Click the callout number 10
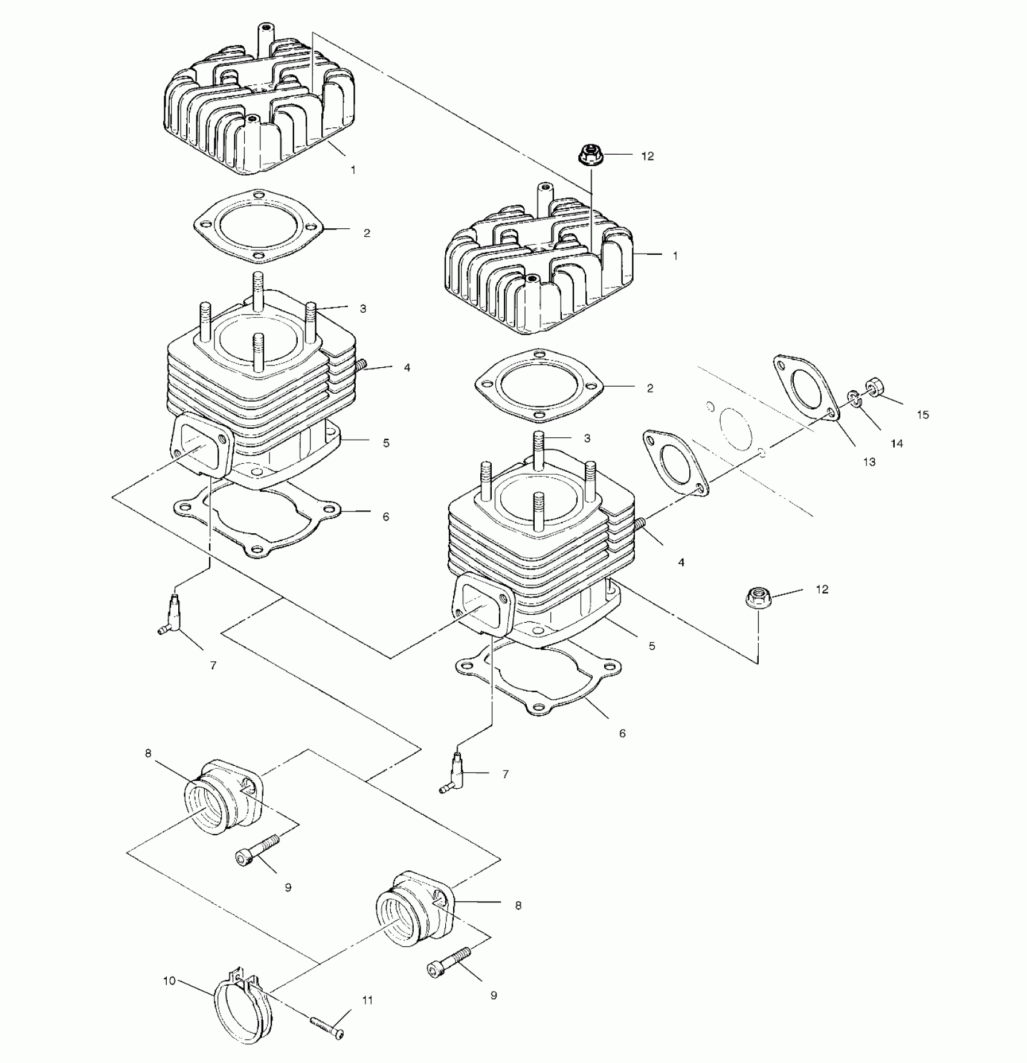[x=169, y=981]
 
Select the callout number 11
[x=367, y=1000]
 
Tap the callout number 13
[x=869, y=462]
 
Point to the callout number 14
[x=897, y=443]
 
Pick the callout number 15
[x=922, y=415]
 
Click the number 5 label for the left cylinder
[x=386, y=443]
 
